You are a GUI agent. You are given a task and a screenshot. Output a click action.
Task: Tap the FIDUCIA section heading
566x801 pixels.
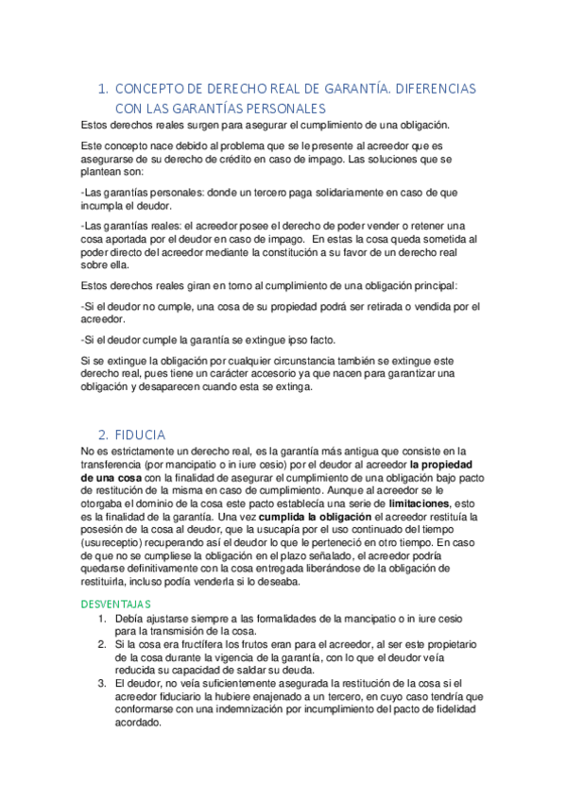141,435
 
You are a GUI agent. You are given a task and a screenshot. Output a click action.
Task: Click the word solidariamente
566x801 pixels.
282,192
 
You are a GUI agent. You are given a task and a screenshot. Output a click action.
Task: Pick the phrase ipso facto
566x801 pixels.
304,340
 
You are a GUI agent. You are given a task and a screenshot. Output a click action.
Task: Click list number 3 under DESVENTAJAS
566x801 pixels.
103,684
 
